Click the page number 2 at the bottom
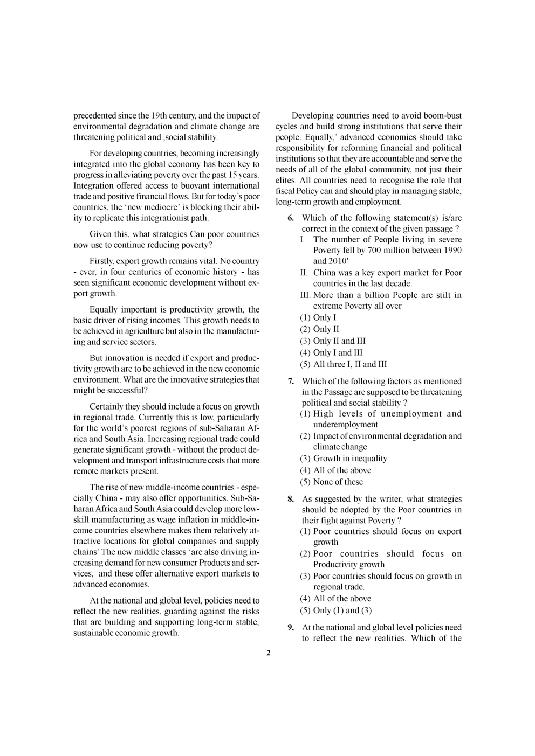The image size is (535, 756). [x=268, y=654]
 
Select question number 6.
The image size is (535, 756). [x=290, y=218]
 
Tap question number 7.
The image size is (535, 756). [x=290, y=382]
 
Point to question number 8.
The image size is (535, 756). [x=290, y=500]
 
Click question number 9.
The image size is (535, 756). [x=290, y=628]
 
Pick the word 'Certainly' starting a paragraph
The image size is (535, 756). [x=107, y=407]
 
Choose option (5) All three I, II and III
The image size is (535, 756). [x=343, y=364]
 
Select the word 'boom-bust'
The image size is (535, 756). [x=443, y=116]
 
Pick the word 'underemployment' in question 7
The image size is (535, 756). [x=345, y=425]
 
